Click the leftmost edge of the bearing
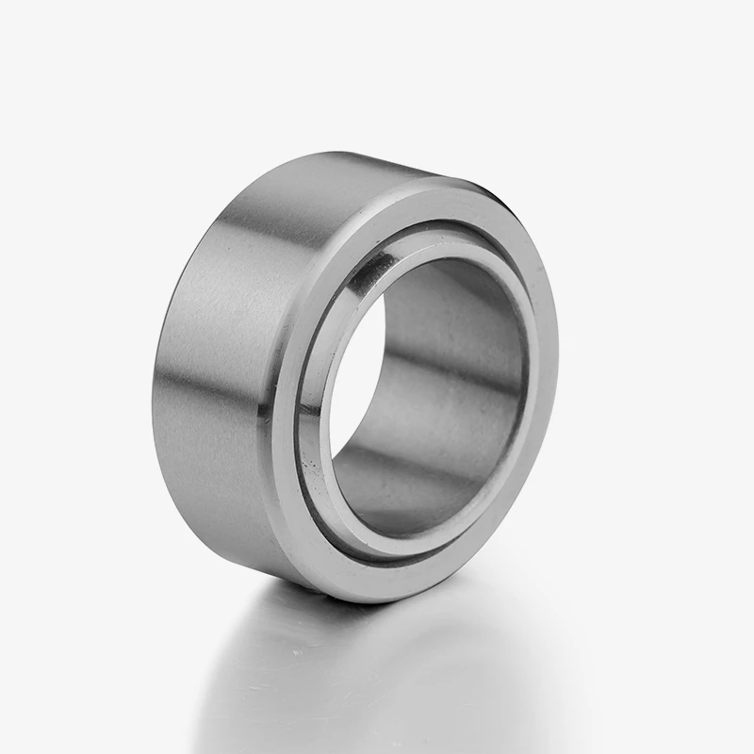pyautogui.click(x=153, y=396)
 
